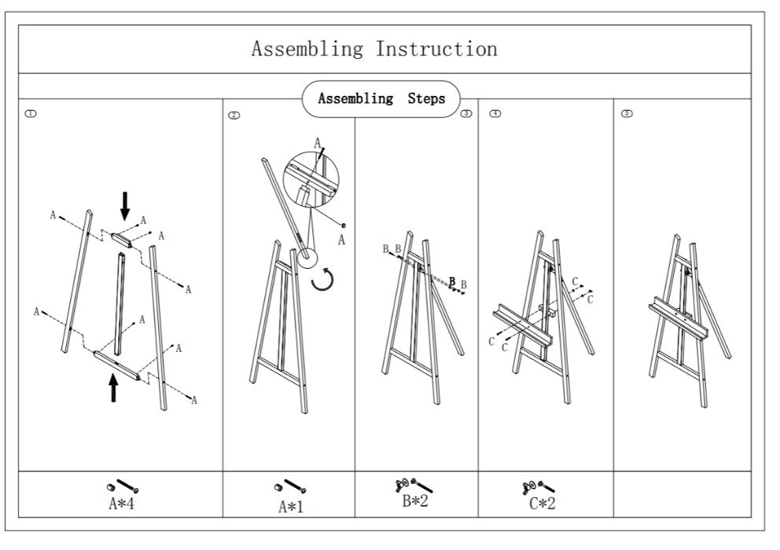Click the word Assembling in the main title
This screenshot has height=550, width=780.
tap(307, 49)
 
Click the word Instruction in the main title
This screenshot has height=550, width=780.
tap(436, 49)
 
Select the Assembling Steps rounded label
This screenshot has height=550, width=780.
tap(381, 99)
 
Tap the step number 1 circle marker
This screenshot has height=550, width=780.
tap(31, 113)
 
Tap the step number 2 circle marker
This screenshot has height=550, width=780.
tap(234, 115)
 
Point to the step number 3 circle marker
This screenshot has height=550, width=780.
tap(466, 113)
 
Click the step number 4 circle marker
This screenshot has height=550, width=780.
tap(495, 113)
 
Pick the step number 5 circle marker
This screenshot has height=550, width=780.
tap(627, 113)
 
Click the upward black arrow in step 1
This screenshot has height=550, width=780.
tap(114, 387)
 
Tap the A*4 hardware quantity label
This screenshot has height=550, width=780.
tap(122, 504)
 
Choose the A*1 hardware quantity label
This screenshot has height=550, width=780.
tap(290, 506)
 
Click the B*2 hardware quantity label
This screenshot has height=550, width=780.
tap(414, 501)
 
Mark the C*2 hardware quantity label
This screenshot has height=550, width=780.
tap(542, 504)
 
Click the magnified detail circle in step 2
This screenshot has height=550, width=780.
tap(309, 182)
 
